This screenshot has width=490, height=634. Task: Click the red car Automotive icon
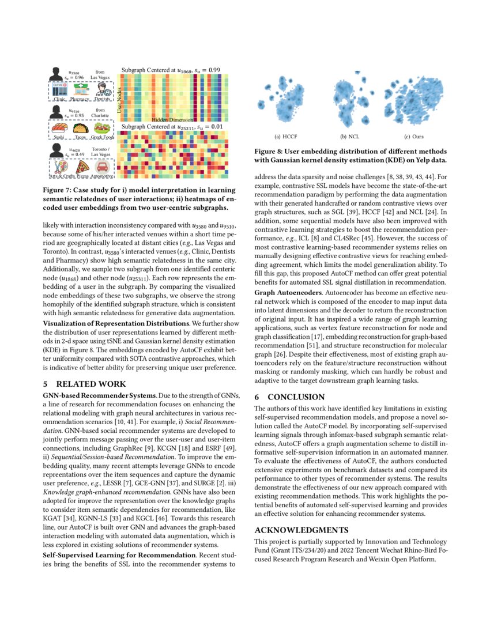point(102,168)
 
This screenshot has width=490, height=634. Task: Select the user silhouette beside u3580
point(56,74)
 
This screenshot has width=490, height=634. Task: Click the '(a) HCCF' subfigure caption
point(285,137)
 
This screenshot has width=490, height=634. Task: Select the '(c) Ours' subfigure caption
point(414,137)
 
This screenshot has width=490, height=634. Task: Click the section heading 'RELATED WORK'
point(86,383)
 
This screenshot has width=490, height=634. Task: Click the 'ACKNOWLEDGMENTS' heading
point(301,530)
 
